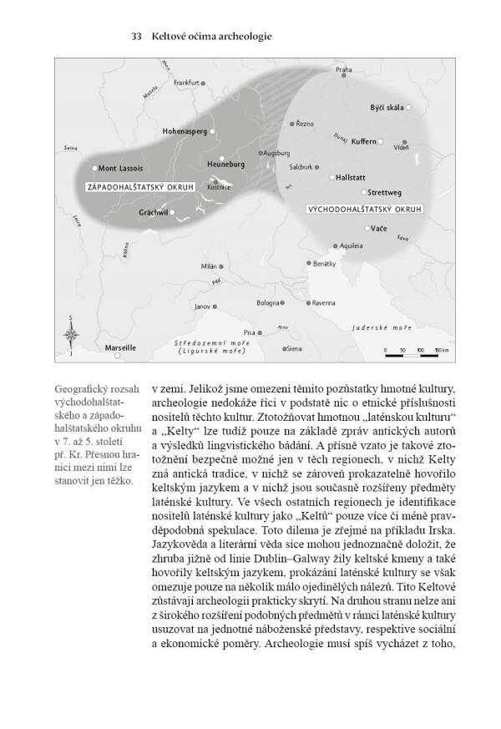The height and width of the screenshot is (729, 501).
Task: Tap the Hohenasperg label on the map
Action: pos(186,132)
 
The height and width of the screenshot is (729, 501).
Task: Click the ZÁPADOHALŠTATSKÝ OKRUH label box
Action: pos(136,187)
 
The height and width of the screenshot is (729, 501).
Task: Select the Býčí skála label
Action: pos(387,109)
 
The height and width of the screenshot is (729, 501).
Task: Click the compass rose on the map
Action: pos(72,335)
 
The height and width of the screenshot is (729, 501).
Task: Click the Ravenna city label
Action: pos(322,304)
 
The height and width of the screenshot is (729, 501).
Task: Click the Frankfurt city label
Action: pos(188,83)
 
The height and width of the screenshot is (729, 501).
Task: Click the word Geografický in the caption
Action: pos(82,390)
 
